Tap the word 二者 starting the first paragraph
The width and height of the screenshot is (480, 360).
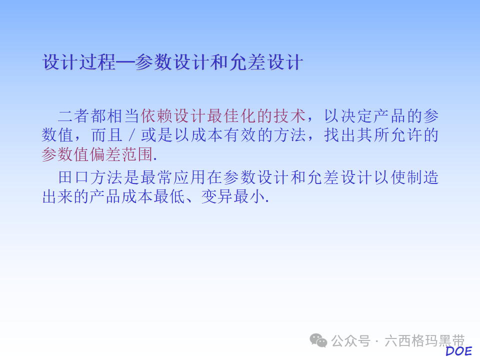click(x=74, y=116)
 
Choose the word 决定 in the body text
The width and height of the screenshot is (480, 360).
click(x=357, y=116)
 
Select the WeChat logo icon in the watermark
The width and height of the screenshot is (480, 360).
click(x=318, y=341)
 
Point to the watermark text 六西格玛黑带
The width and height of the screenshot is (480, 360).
click(x=425, y=341)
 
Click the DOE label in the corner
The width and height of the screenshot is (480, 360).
click(x=458, y=351)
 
